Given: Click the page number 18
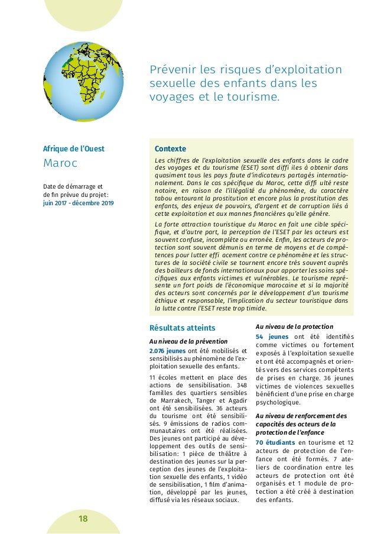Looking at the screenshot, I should [83, 519].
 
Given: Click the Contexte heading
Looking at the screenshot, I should [170, 148].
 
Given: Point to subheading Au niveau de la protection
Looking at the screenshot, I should [294, 326].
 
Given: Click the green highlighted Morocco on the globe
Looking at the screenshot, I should [70, 57].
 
